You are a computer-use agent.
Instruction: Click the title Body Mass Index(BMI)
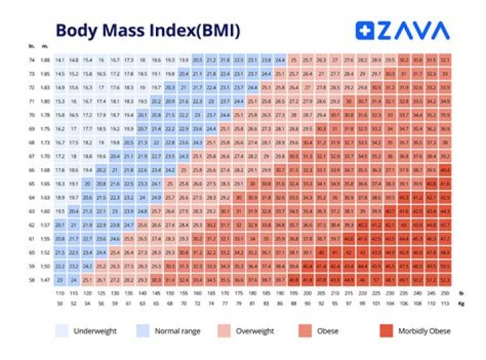click(x=147, y=30)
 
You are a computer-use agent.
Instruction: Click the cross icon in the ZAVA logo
click(x=364, y=30)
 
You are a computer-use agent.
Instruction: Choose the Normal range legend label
click(x=178, y=331)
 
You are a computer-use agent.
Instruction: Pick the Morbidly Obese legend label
click(x=423, y=331)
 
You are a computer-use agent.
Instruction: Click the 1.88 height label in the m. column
click(x=44, y=60)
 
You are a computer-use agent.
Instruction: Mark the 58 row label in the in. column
click(x=32, y=278)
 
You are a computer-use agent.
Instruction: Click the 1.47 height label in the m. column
click(x=44, y=278)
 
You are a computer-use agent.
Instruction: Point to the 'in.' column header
click(x=32, y=46)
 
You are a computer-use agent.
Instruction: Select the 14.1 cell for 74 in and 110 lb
click(x=60, y=60)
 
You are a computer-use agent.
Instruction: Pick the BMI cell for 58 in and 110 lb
click(x=60, y=278)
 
